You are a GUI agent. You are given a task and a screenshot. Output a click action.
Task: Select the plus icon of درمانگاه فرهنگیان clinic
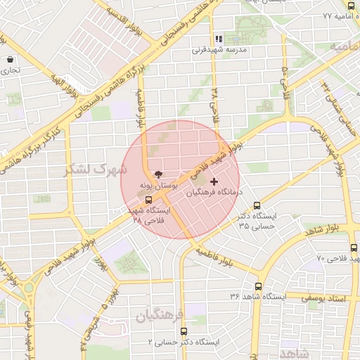214,181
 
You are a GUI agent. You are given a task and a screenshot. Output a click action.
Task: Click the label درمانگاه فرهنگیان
216,191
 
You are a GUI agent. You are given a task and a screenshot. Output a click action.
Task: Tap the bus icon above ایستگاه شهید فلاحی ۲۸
148,200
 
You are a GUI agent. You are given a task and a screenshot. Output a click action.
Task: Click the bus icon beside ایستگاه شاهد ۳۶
259,287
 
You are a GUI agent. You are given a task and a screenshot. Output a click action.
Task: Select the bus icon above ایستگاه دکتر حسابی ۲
184,331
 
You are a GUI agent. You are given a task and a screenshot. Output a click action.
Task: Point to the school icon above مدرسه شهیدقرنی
218,39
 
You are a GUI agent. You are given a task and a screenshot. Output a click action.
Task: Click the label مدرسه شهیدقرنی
217,51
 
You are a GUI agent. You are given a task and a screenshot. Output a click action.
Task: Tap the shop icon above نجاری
9,60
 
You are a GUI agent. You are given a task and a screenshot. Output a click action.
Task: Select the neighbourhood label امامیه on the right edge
347,46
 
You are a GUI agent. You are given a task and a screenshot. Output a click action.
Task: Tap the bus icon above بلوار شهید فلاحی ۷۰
354,248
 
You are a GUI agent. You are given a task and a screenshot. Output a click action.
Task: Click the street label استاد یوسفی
325,298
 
